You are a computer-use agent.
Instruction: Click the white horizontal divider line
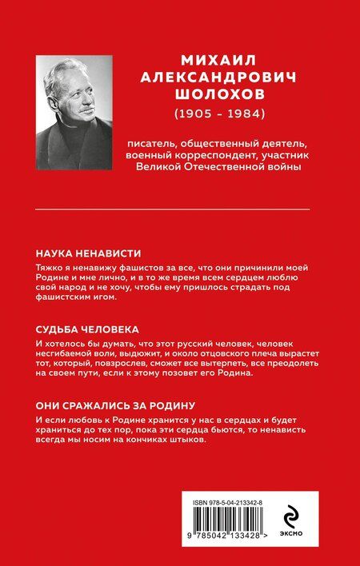(x=180, y=209)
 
